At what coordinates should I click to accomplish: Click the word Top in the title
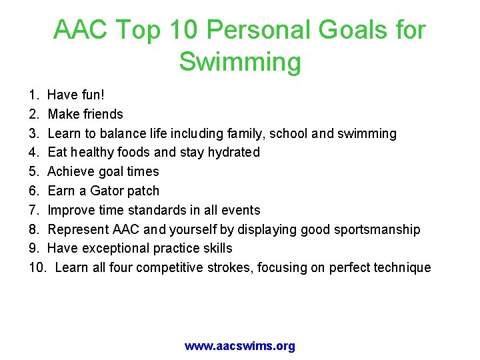145,30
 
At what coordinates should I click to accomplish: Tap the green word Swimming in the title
240,62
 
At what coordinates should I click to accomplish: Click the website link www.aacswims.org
240,346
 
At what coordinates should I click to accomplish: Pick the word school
289,133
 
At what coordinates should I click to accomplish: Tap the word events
240,210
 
